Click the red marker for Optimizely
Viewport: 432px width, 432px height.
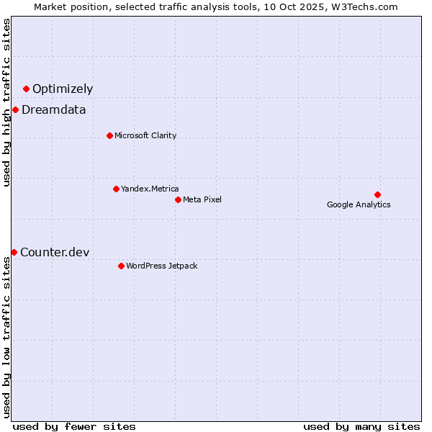tap(26, 89)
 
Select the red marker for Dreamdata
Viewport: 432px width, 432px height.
tap(15, 109)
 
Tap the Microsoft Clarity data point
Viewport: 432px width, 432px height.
tap(109, 135)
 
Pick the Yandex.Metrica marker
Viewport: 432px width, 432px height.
tap(116, 189)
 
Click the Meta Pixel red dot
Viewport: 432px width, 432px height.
tap(178, 199)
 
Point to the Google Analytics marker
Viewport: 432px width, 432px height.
tap(377, 194)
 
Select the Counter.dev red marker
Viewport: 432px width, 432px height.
tap(14, 252)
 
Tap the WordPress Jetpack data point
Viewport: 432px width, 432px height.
tap(121, 266)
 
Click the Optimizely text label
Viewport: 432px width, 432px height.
tap(63, 89)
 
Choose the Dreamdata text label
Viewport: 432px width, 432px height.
tap(54, 110)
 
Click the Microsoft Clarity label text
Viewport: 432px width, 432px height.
tap(145, 135)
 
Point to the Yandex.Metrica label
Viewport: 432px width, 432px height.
tap(150, 189)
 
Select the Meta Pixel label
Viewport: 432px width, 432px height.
tap(202, 199)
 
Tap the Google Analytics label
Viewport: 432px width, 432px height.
tap(359, 204)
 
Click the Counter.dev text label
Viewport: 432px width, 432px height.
tap(55, 252)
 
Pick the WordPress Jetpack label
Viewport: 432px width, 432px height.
tap(161, 266)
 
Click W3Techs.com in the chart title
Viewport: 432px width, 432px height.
tap(366, 6)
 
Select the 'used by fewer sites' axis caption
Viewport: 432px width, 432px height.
tap(74, 426)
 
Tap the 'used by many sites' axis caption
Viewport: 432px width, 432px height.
tap(361, 426)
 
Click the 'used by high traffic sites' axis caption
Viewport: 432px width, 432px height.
tap(6, 102)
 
